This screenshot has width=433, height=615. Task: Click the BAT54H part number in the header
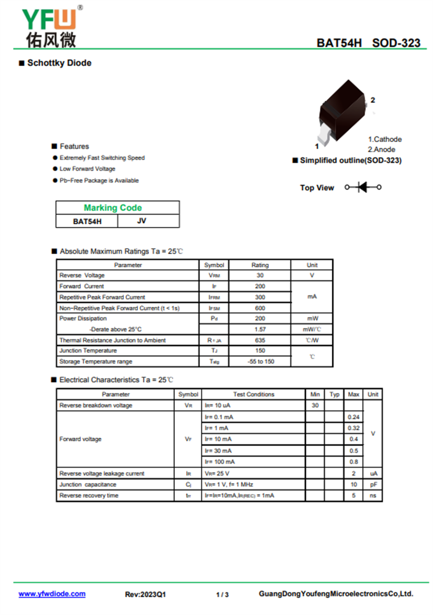coord(339,43)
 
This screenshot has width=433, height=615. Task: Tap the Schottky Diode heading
coord(59,63)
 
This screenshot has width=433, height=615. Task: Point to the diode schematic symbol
coord(363,187)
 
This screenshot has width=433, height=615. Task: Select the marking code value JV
coord(142,221)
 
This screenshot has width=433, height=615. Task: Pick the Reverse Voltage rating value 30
coord(260,275)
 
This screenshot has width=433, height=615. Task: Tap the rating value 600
coord(260,308)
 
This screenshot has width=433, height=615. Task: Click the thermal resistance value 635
coord(260,340)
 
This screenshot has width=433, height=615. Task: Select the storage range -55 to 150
coord(260,361)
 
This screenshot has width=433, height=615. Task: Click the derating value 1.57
coord(260,329)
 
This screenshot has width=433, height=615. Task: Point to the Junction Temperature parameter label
coord(88,351)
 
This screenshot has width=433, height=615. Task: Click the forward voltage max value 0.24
coord(353,417)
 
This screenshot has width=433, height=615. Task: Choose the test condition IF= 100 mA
coord(220,462)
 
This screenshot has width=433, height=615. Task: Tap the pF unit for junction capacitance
coord(373,484)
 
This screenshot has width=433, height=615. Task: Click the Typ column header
coord(334,394)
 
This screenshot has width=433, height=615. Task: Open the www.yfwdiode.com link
coord(52,594)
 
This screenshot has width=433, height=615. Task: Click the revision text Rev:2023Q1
coord(146,594)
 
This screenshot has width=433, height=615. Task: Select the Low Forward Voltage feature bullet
coord(87,169)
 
